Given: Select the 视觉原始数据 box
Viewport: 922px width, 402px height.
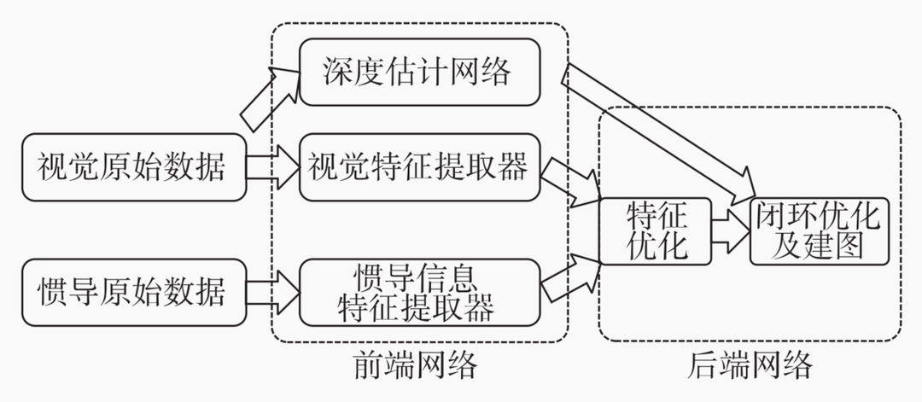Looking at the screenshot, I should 132,166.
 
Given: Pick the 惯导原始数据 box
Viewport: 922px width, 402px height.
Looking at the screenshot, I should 132,293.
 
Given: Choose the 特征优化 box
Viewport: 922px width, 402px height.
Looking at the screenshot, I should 656,230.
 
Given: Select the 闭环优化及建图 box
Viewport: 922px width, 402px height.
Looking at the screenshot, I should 819,230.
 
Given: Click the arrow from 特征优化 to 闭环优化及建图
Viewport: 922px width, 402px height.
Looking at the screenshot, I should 730,230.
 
